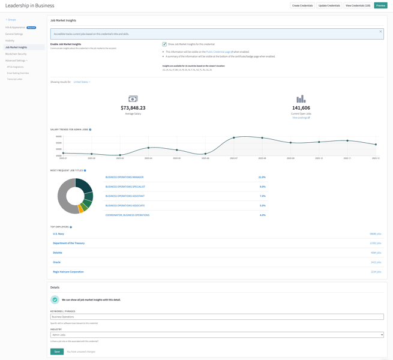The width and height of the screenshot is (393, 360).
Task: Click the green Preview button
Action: click(x=380, y=5)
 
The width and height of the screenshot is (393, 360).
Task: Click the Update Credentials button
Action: click(x=329, y=5)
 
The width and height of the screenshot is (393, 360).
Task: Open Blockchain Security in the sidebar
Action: click(x=16, y=54)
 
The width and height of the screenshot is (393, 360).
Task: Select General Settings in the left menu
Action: click(x=14, y=34)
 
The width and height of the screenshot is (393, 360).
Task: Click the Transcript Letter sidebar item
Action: click(x=15, y=79)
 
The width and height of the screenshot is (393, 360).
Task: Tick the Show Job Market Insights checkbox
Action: click(x=164, y=44)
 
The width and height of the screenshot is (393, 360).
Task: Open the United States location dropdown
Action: click(x=82, y=82)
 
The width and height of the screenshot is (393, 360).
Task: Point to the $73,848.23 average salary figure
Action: click(x=133, y=108)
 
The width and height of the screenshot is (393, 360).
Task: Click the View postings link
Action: click(x=301, y=118)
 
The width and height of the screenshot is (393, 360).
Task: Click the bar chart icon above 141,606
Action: click(x=301, y=99)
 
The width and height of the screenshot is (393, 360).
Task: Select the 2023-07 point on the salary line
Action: click(x=234, y=138)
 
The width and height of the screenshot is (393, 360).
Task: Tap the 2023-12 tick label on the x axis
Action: click(x=376, y=158)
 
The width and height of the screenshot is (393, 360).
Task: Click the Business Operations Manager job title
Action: click(x=125, y=177)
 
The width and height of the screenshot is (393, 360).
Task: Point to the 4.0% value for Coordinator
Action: click(x=262, y=215)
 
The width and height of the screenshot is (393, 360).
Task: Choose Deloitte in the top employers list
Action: click(x=58, y=253)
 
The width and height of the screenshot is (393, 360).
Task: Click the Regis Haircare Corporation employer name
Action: click(x=68, y=272)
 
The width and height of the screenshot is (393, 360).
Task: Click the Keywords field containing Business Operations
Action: click(x=217, y=317)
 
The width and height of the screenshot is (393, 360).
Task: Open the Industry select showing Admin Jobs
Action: click(x=217, y=335)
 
